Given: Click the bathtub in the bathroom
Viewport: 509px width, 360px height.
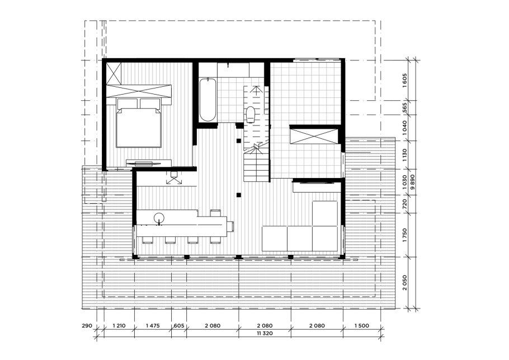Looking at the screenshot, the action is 208,100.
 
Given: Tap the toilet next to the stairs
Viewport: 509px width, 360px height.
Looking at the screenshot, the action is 251,114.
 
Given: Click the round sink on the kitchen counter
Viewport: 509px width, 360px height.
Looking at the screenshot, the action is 159,218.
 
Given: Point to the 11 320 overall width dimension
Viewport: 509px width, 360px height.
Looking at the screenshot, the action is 265,333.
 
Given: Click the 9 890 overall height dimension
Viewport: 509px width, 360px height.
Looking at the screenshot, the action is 412,187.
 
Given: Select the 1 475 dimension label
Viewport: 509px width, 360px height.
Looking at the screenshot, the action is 153,325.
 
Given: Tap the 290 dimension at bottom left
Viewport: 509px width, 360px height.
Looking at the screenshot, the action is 87,325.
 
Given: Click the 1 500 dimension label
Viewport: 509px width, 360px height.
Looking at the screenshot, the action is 362,325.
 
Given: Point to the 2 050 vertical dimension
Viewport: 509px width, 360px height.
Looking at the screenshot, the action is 404,283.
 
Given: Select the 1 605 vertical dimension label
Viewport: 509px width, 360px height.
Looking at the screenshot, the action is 404,80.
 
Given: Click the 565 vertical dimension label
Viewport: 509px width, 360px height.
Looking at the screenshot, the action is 404,107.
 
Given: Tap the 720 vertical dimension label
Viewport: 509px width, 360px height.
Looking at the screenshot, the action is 404,204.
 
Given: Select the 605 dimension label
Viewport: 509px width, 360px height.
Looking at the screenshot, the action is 179,325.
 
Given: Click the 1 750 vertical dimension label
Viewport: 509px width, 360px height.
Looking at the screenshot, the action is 404,235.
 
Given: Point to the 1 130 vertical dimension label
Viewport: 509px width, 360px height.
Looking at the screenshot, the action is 404,155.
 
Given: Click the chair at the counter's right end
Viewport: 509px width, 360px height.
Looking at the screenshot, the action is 230,226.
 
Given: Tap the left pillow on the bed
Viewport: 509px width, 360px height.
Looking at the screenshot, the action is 128,104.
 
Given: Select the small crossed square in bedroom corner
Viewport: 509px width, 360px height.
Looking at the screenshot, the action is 114,73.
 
